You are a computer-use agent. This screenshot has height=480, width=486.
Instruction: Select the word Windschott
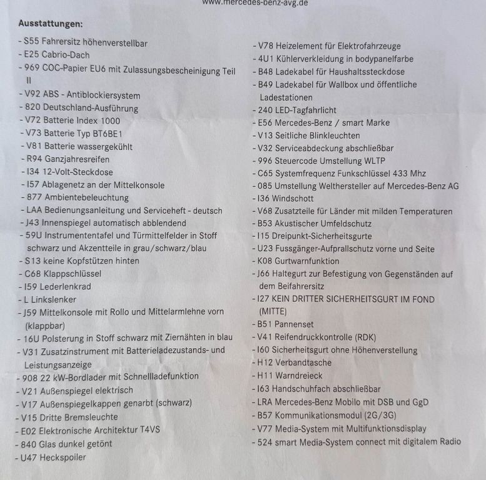(296, 198)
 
